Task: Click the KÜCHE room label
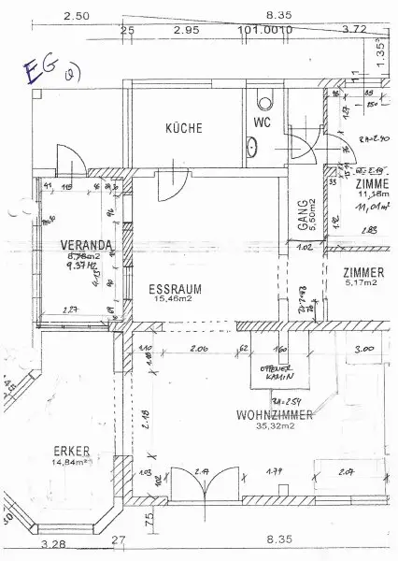click(183, 129)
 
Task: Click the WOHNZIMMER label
click(248, 413)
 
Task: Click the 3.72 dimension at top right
click(354, 30)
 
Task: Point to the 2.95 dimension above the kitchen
click(185, 30)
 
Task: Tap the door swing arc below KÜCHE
click(169, 186)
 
